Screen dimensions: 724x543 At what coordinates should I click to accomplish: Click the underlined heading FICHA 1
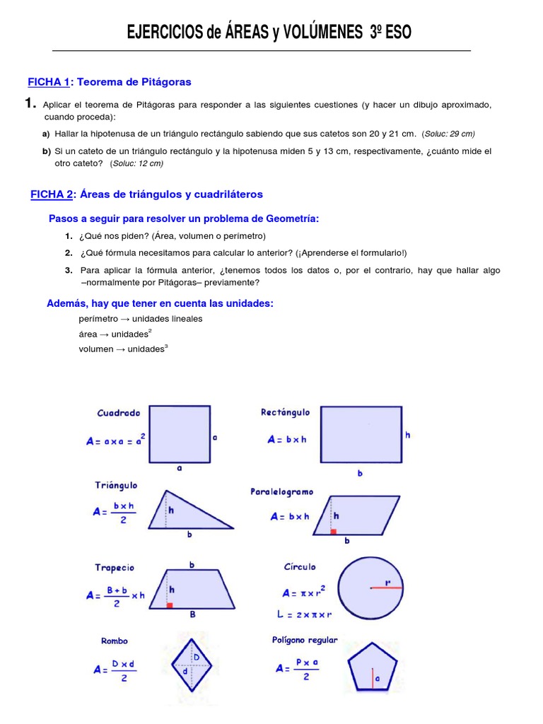point(48,82)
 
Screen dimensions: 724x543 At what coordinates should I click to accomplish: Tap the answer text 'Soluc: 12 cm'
point(136,163)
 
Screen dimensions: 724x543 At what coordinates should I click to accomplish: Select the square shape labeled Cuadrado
point(179,433)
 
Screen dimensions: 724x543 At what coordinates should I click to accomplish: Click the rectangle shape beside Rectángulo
point(361,436)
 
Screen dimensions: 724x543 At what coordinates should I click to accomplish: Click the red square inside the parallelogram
point(333,530)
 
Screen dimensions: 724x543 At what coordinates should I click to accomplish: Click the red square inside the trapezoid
point(169,605)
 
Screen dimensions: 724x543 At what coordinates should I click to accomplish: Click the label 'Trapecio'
point(115,568)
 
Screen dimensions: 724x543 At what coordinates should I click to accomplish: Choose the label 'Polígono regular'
point(305,640)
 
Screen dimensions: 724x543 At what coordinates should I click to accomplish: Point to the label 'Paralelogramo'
point(281,491)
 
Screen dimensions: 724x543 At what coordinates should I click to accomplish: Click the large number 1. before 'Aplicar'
point(30,104)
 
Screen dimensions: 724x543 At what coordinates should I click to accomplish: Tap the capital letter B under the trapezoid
point(192,615)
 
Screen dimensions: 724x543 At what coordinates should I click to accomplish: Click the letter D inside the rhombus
point(197,658)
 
